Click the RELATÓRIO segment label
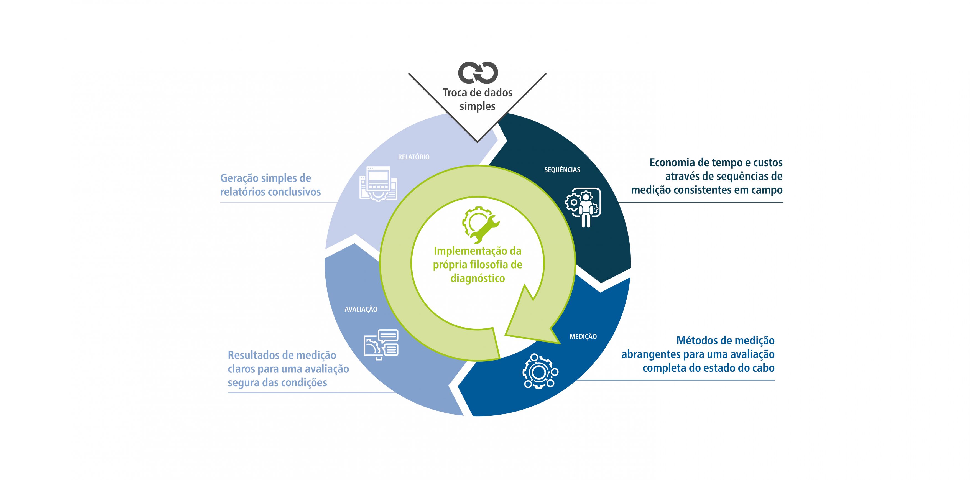click(x=413, y=157)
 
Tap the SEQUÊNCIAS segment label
click(x=562, y=170)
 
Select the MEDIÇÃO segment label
click(x=583, y=336)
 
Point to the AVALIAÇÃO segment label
click(x=361, y=309)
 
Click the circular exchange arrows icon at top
click(x=478, y=73)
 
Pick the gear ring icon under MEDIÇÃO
click(x=540, y=371)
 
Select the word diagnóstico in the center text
click(x=478, y=279)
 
